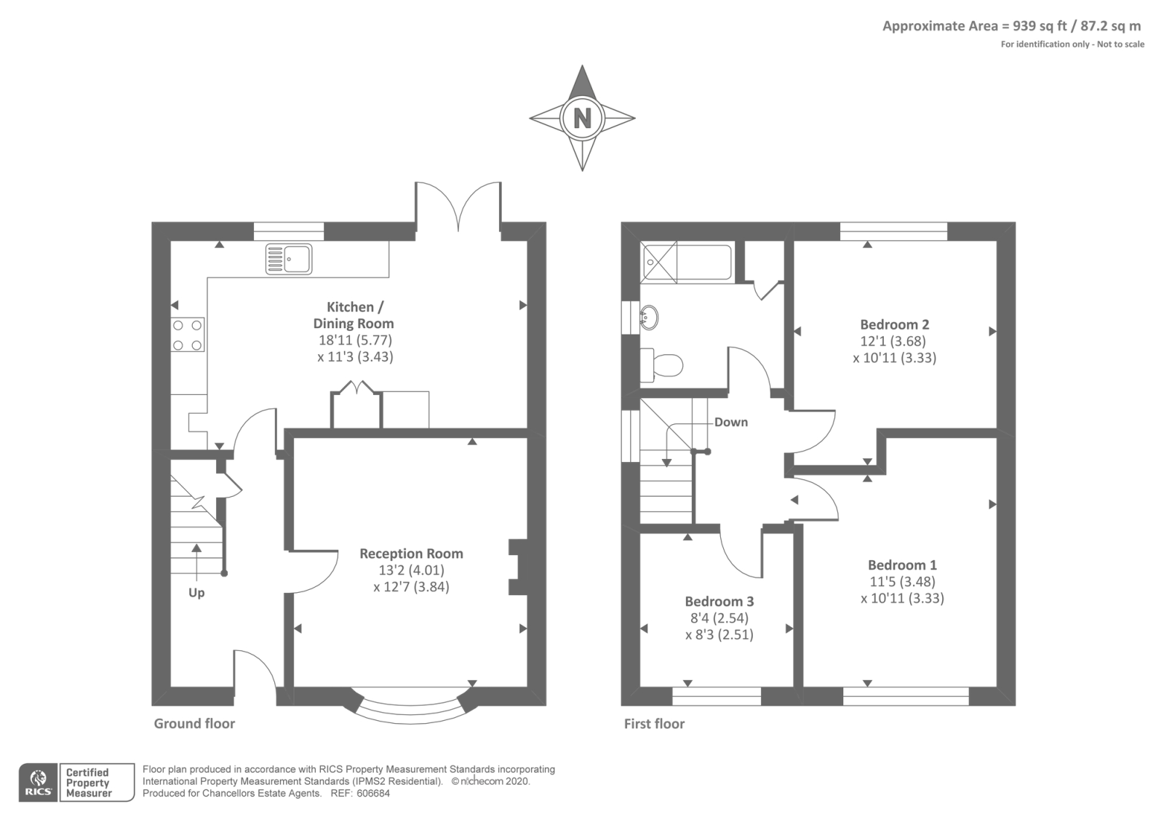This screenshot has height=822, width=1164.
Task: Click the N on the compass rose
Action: click(x=582, y=119)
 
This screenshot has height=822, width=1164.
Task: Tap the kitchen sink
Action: click(x=289, y=259)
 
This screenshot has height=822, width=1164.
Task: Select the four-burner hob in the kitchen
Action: click(x=188, y=335)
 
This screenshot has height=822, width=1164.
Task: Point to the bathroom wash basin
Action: click(x=648, y=317)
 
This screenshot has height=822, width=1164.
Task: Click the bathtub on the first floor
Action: click(x=687, y=262)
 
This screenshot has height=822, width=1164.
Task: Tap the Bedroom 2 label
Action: click(x=894, y=324)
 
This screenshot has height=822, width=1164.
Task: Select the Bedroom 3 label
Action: click(x=719, y=601)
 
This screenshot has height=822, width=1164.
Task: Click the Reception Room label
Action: click(x=411, y=554)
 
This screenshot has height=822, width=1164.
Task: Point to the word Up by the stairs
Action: click(x=196, y=593)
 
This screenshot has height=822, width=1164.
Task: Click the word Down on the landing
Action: click(x=731, y=422)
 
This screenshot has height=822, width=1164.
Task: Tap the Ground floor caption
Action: click(x=194, y=723)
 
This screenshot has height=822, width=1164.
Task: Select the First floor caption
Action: click(x=654, y=723)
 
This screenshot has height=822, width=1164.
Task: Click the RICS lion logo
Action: click(x=39, y=782)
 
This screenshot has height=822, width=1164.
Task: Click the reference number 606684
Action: click(x=373, y=794)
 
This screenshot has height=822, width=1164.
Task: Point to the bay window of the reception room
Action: click(x=411, y=707)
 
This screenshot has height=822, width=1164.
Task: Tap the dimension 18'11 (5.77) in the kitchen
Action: click(x=356, y=340)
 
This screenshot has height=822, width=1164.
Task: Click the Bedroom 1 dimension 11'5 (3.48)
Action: click(x=903, y=581)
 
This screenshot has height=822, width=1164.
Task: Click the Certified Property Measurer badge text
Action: click(x=89, y=783)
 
